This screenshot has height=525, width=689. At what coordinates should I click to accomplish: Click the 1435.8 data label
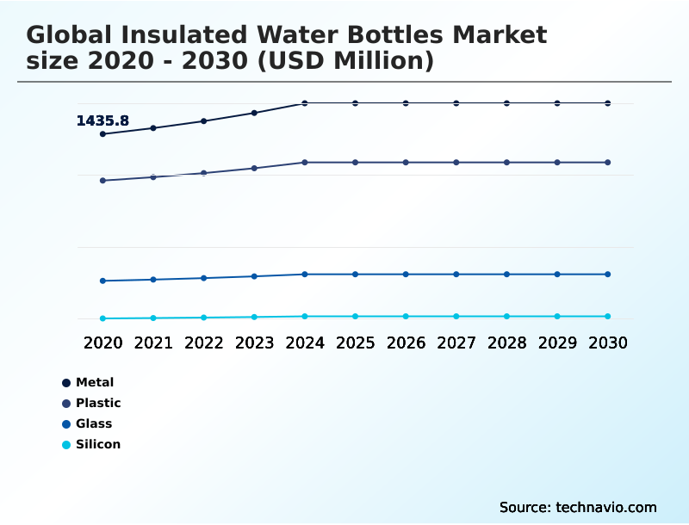pos(102,121)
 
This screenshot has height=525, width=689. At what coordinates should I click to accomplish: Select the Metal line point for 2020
pos(102,134)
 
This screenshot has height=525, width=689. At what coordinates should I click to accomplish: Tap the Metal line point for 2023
pos(254,113)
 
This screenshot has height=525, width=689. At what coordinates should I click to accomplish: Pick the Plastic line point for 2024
pos(305,162)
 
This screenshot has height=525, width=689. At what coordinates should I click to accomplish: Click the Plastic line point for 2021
pos(153,176)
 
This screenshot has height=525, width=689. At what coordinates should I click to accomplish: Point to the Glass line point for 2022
pos(204,278)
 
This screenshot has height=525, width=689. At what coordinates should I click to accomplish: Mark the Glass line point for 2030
pos(607,275)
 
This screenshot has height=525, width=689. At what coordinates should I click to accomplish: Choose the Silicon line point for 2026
pos(406,317)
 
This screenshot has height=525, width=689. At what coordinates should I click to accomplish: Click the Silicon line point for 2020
pos(102,318)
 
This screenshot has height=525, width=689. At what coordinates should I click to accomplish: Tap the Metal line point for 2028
pos(506,103)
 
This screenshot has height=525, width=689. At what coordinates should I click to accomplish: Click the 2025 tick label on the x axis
pos(355,343)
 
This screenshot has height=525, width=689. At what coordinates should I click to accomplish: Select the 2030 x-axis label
pos(607,343)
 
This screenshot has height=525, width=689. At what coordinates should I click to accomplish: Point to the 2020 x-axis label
pos(102,343)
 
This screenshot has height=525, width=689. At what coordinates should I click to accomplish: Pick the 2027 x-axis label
pos(456,343)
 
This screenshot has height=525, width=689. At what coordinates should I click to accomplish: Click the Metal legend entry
pos(94,382)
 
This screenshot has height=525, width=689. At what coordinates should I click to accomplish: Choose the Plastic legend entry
pos(97,403)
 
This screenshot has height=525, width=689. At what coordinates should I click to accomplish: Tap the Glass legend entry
pos(93,423)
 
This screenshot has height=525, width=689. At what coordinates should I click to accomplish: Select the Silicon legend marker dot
pos(66,445)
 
